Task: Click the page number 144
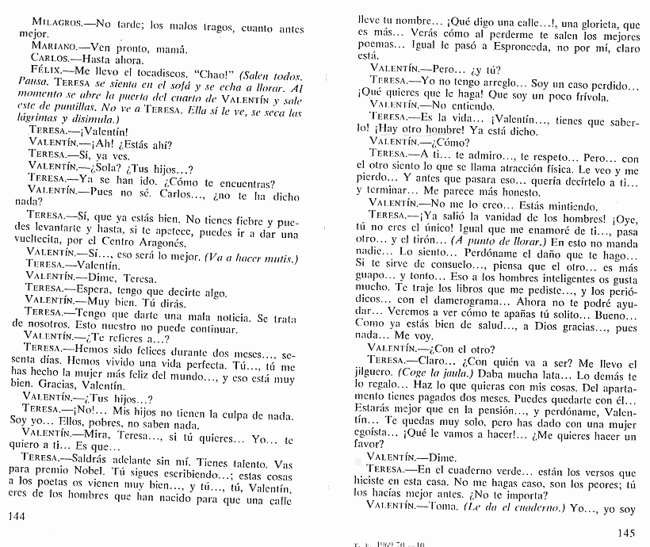click(x=16, y=517)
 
